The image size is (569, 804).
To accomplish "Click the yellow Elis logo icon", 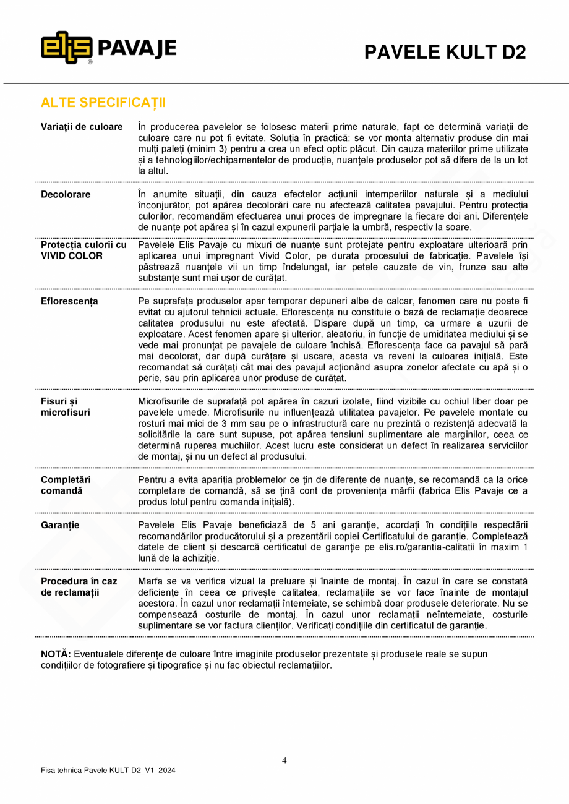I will tap(67, 48).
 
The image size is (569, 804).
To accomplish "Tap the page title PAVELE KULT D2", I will tap(445, 53).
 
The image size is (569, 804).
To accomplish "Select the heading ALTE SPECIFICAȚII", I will tap(103, 102).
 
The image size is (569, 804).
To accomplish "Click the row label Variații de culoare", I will tap(82, 127).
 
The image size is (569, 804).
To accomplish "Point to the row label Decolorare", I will tap(66, 194).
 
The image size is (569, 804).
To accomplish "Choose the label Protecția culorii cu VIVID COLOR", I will tap(83, 250).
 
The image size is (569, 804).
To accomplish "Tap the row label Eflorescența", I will tap(69, 301).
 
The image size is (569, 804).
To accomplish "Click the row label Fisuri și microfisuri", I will tap(66, 406).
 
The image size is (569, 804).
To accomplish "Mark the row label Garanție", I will tap(60, 525).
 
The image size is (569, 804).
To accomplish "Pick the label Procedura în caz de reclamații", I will tap(79, 587).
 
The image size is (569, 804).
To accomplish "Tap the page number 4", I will tap(284, 761).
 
